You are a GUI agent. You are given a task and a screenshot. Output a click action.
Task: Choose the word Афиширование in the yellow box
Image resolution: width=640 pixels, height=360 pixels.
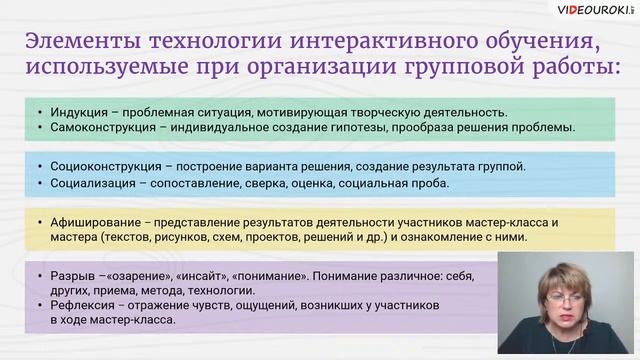point(91,222)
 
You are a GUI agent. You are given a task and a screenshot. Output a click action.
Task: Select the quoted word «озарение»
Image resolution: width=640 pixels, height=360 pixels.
point(141,275)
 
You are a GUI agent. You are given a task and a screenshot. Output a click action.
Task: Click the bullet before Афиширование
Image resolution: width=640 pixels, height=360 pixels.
point(38,222)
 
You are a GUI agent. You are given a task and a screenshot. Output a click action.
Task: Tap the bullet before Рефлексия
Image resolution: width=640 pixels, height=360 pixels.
point(38,305)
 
